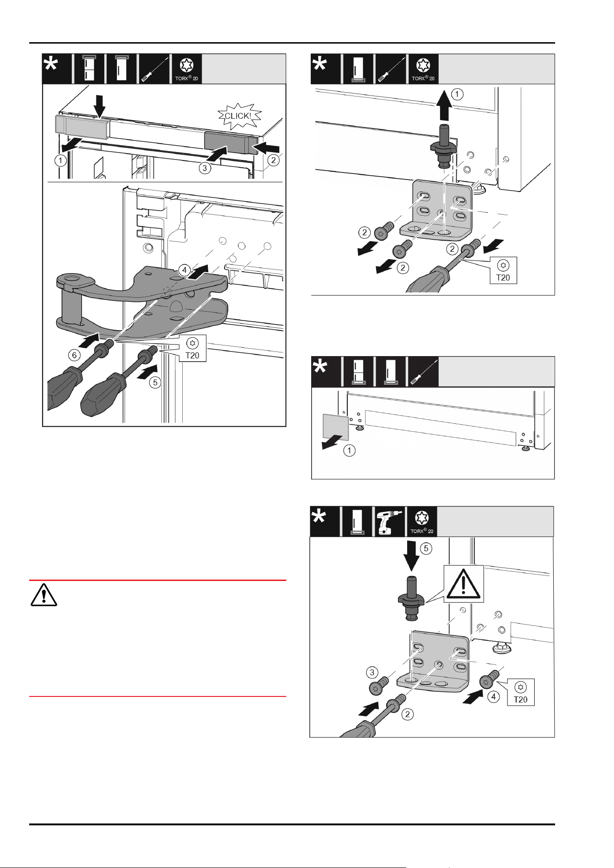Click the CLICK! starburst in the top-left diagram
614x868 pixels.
point(240,116)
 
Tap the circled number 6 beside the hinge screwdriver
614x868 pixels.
point(74,355)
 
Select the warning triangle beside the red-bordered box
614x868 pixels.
point(44,595)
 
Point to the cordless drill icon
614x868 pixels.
point(389,522)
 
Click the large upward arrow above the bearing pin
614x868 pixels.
point(444,106)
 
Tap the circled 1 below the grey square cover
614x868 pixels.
point(350,450)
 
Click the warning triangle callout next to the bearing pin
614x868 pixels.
point(463,583)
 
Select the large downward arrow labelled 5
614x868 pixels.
point(411,556)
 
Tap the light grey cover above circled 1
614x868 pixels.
point(82,127)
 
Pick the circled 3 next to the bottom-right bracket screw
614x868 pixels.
point(372,672)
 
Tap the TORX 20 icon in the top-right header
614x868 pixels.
point(422,69)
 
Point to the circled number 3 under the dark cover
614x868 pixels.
point(205,168)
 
